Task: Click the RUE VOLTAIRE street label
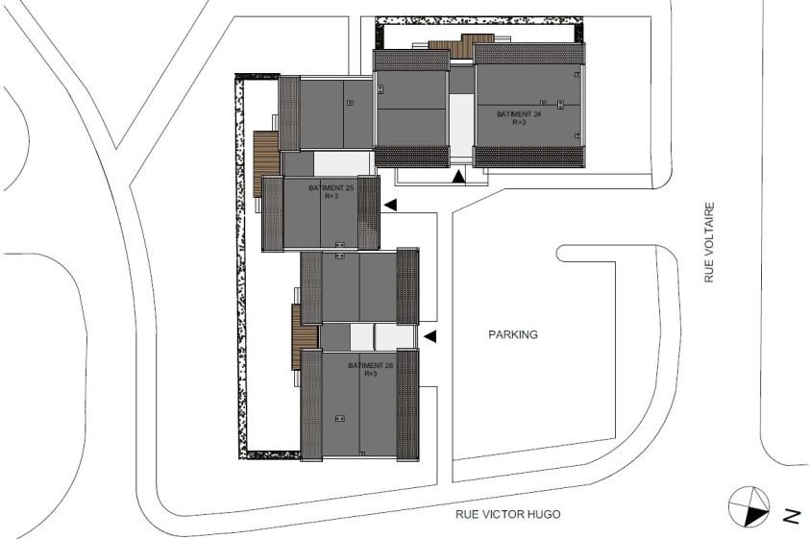pos(709,242)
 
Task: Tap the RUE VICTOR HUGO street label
pos(507,514)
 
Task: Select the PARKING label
pos(513,335)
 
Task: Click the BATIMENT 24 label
pos(519,113)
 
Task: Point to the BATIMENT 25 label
pos(331,188)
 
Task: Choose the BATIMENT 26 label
pos(370,365)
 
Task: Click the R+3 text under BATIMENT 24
pos(519,122)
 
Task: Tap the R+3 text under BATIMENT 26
pos(370,374)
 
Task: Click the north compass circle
pos(749,506)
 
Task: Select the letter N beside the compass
pos(791,516)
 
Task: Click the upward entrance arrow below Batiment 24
pos(458,176)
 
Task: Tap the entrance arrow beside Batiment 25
pos(390,206)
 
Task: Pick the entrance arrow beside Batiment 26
pos(430,337)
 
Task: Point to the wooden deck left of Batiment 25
pos(266,164)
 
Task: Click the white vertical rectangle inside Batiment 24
pos(461,126)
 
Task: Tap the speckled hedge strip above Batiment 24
pos(479,21)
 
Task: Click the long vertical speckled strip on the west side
pos(240,266)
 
